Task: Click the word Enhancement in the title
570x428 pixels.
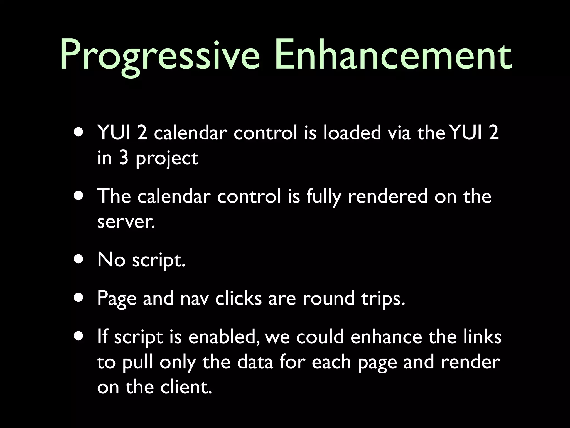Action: pyautogui.click(x=393, y=54)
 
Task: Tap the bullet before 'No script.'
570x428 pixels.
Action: pyautogui.click(x=79, y=259)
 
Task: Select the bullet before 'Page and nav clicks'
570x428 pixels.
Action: pyautogui.click(x=79, y=298)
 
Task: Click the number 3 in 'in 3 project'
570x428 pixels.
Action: pyautogui.click(x=124, y=158)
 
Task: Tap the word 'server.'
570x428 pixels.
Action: pyautogui.click(x=126, y=222)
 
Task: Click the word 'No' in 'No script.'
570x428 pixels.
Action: pyautogui.click(x=111, y=260)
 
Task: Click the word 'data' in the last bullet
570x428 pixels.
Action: pyautogui.click(x=255, y=362)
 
